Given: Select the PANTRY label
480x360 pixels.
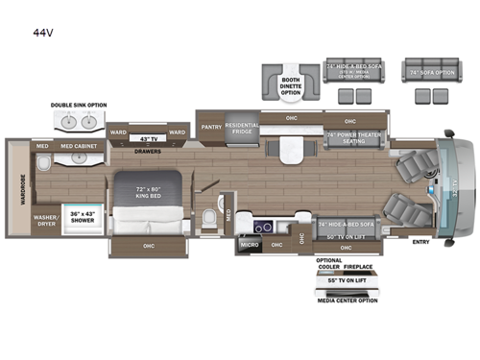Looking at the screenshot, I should coord(211,125).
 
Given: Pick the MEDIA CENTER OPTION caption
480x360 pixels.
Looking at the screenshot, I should coord(348,300).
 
